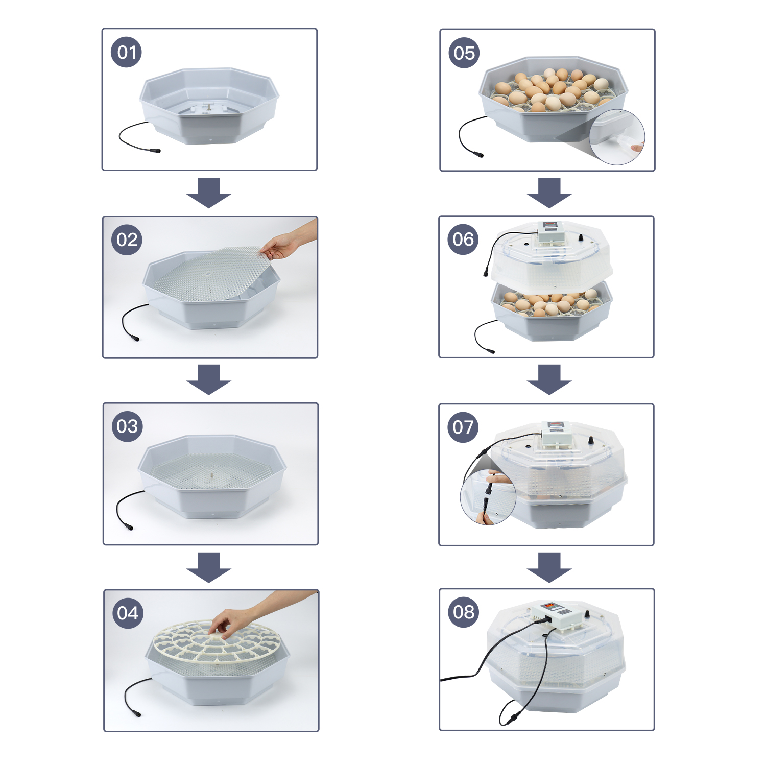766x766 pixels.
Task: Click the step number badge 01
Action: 127,52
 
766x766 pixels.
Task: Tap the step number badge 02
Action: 127,240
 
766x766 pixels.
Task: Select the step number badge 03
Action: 127,426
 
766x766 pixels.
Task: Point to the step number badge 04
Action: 128,613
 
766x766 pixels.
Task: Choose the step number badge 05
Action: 464,53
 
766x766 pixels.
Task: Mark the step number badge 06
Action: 463,239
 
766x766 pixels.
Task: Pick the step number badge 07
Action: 463,427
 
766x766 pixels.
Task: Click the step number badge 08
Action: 464,612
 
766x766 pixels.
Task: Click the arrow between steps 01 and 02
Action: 209,193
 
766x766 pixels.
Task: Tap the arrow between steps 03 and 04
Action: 209,567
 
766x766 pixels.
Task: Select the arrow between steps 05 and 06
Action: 549,193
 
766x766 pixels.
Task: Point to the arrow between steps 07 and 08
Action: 549,567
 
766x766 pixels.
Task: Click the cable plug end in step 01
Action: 154,151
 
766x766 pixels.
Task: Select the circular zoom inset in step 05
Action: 617,137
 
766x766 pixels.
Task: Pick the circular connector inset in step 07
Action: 488,498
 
